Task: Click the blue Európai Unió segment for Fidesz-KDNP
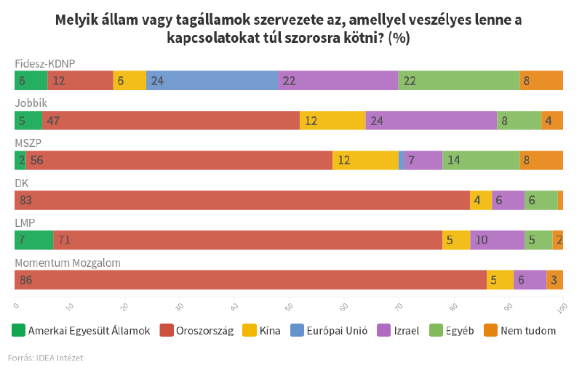pos(212,81)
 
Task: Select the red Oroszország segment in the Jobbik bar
pos(171,121)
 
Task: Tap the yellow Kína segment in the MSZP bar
pos(365,161)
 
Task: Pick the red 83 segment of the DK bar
pos(242,200)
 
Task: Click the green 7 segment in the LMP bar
pos(33,240)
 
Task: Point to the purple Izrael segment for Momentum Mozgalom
pos(530,280)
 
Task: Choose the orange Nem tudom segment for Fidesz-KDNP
pos(541,81)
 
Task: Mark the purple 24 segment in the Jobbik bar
pos(431,121)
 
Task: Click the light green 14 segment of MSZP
pos(481,161)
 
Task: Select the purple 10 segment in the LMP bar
pos(497,240)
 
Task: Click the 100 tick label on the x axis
pos(562,309)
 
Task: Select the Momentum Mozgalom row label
pos(68,262)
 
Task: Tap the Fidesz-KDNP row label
pos(45,63)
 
